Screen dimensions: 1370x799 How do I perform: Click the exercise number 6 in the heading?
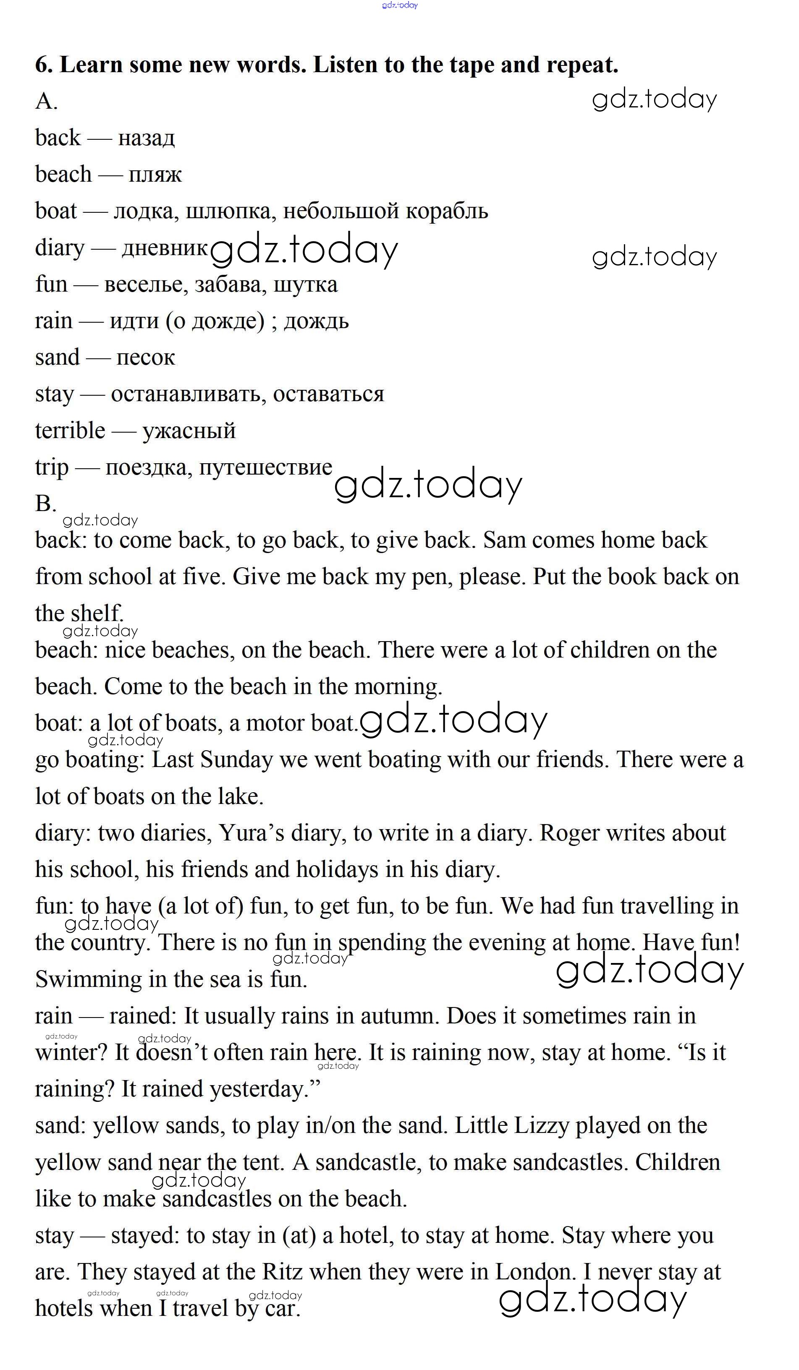pyautogui.click(x=43, y=65)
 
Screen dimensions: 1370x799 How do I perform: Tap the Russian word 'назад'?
pyautogui.click(x=146, y=138)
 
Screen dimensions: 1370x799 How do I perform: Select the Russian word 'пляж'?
pyautogui.click(x=155, y=175)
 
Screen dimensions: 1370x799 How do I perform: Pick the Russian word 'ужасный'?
pyautogui.click(x=189, y=431)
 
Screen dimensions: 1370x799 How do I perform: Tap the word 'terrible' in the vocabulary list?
pyautogui.click(x=70, y=431)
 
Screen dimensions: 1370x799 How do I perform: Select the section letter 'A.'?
pyautogui.click(x=46, y=101)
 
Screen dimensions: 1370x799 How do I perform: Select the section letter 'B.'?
pyautogui.click(x=46, y=504)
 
